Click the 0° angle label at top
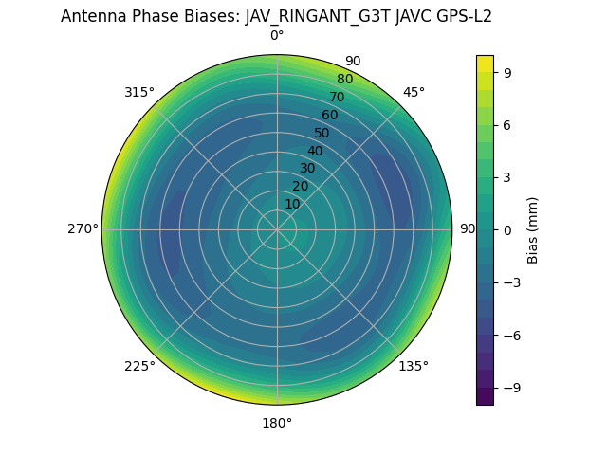pos(277,36)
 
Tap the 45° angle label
pos(414,93)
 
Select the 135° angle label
pos(414,366)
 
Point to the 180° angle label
pos(277,423)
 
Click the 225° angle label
pos(139,367)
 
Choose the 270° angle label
pos(83,229)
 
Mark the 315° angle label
pos(139,93)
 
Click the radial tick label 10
pos(292,204)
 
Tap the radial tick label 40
pos(315,151)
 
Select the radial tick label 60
pos(329,116)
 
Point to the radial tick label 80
pos(344,80)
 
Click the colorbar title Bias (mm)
pos(533,229)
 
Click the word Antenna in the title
pos(91,16)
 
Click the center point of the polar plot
pos(277,229)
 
